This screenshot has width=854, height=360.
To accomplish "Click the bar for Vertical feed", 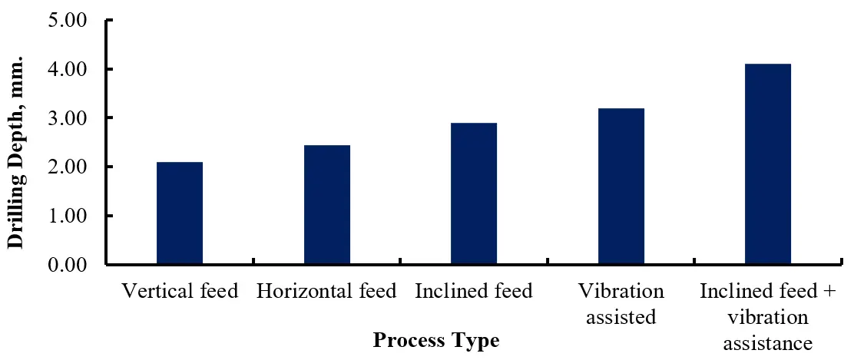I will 180,213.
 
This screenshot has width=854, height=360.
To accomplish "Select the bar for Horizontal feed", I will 327,205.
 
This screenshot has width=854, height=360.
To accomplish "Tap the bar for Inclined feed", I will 474,193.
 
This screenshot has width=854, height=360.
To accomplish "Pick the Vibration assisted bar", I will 621,187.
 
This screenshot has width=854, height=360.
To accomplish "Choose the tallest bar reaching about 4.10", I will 768,164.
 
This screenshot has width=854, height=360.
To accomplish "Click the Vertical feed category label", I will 180,292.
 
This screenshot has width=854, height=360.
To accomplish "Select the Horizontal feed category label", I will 327,292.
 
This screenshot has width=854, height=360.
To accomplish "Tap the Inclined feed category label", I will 474,292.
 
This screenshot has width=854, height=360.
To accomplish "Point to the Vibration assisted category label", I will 621,304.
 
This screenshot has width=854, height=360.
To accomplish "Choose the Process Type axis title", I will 435,340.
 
